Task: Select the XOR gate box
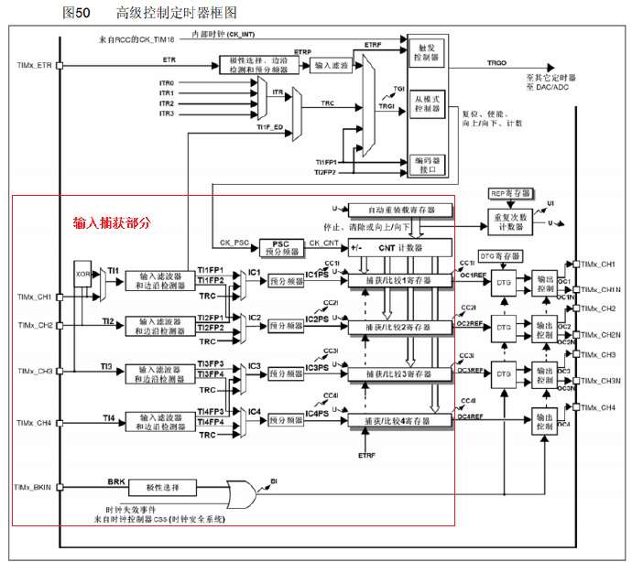click(x=82, y=275)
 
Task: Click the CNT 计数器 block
click(x=399, y=247)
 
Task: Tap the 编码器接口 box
click(x=426, y=164)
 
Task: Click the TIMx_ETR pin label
click(x=33, y=66)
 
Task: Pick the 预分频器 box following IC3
click(x=285, y=373)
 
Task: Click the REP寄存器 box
click(x=511, y=195)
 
